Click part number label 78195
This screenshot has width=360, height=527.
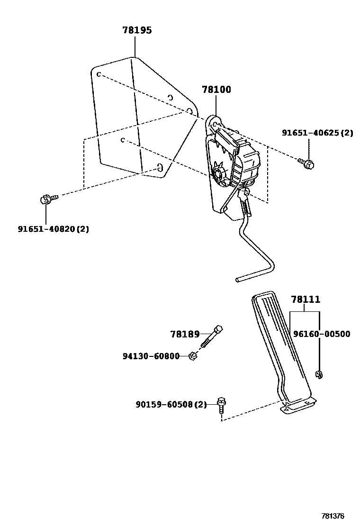pyautogui.click(x=137, y=30)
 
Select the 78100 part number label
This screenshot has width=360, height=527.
pyautogui.click(x=216, y=90)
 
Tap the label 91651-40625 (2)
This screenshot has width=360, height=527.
pyautogui.click(x=318, y=133)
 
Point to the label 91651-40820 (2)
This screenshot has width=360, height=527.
pyautogui.click(x=54, y=229)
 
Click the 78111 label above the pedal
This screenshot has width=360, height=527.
pyautogui.click(x=306, y=300)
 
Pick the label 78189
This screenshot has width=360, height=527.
pyautogui.click(x=185, y=334)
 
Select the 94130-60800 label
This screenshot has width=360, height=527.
pyautogui.click(x=151, y=356)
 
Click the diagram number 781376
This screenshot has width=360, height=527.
pyautogui.click(x=333, y=516)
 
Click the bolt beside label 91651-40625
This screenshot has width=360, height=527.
pyautogui.click(x=307, y=164)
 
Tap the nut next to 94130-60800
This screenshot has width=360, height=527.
pyautogui.click(x=192, y=355)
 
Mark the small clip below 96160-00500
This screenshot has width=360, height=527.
pyautogui.click(x=319, y=375)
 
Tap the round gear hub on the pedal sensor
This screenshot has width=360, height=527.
pyautogui.click(x=219, y=173)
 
